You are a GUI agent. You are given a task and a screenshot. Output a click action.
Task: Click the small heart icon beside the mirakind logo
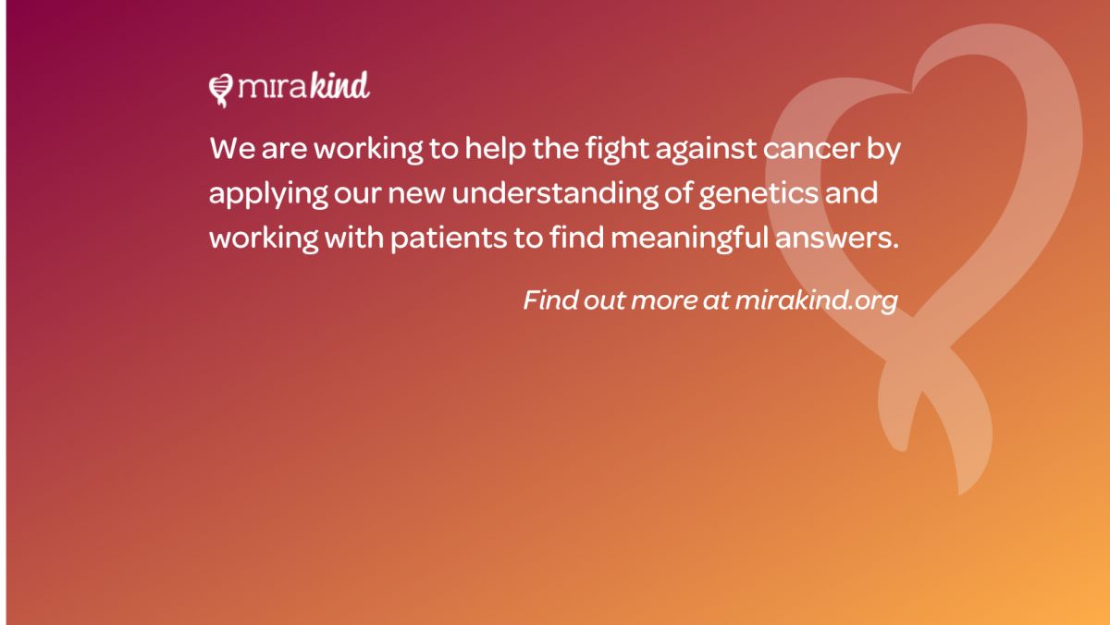[221, 90]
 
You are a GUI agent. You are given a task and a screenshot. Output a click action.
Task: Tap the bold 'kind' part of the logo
[340, 85]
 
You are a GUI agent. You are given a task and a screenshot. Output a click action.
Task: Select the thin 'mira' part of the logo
[273, 87]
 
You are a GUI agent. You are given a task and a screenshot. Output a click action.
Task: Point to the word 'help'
[495, 149]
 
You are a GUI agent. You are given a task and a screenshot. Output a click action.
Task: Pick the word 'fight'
[617, 149]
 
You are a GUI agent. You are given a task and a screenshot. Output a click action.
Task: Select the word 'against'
[706, 149]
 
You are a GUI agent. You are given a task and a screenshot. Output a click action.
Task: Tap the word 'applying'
[268, 193]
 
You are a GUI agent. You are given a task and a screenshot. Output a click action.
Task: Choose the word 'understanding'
[555, 192]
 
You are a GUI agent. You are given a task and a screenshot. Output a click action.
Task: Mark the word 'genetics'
[758, 192]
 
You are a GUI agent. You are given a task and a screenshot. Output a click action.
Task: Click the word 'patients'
[449, 239]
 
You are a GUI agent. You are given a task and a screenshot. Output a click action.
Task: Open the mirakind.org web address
[816, 300]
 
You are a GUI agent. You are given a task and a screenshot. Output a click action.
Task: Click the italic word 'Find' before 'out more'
[550, 300]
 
